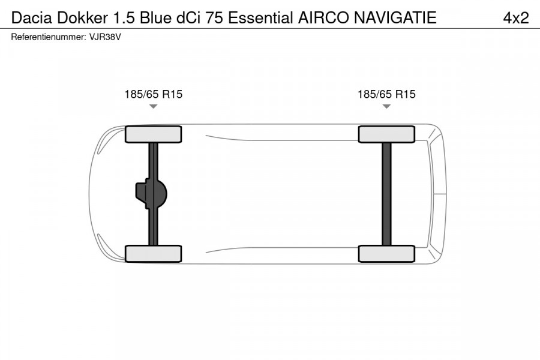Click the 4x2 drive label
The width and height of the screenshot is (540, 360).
point(515,18)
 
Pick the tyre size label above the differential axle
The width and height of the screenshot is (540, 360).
point(153,94)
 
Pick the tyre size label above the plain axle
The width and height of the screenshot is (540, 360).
point(386,94)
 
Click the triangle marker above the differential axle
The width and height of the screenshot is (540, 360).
point(153,107)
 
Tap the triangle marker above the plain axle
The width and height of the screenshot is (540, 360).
point(386,107)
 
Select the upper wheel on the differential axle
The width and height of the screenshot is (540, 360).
point(153,134)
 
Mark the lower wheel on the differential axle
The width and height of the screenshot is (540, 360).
point(153,253)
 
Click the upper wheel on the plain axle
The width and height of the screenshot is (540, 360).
point(386,134)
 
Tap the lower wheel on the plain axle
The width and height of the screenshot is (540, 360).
point(386,253)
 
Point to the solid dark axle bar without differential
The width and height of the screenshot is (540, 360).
point(386,194)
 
